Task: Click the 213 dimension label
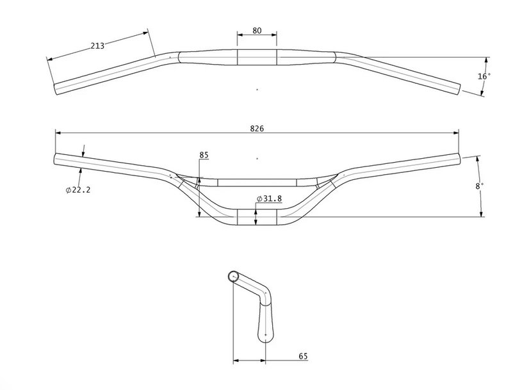tap(97, 46)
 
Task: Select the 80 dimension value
tap(257, 31)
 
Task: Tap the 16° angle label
tap(484, 76)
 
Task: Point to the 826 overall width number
tap(257, 129)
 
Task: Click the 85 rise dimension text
tap(204, 155)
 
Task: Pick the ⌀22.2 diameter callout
tap(78, 190)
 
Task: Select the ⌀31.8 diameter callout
tap(269, 199)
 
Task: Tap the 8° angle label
tap(479, 186)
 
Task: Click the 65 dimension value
tap(304, 356)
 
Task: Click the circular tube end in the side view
tap(233, 276)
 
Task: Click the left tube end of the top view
tap(56, 89)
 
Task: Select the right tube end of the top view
tap(459, 89)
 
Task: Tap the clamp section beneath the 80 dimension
tap(257, 57)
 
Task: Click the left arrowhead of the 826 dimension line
tap(58, 133)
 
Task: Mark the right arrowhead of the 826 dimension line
tap(456, 133)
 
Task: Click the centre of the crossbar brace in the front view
tap(257, 183)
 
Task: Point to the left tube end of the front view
tap(55, 159)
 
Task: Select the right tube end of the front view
tap(459, 159)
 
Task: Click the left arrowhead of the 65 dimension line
tap(236, 361)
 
